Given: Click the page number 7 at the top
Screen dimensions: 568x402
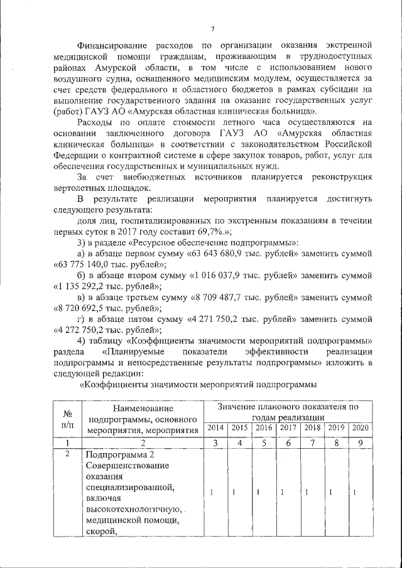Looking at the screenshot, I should click(213, 28).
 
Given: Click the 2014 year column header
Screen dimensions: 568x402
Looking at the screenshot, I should click(215, 428).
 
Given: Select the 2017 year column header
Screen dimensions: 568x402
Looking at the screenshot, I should click(288, 428).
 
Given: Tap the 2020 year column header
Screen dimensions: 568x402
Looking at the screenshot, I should click(360, 428).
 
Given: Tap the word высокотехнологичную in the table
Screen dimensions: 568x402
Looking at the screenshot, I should click(133, 509).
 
